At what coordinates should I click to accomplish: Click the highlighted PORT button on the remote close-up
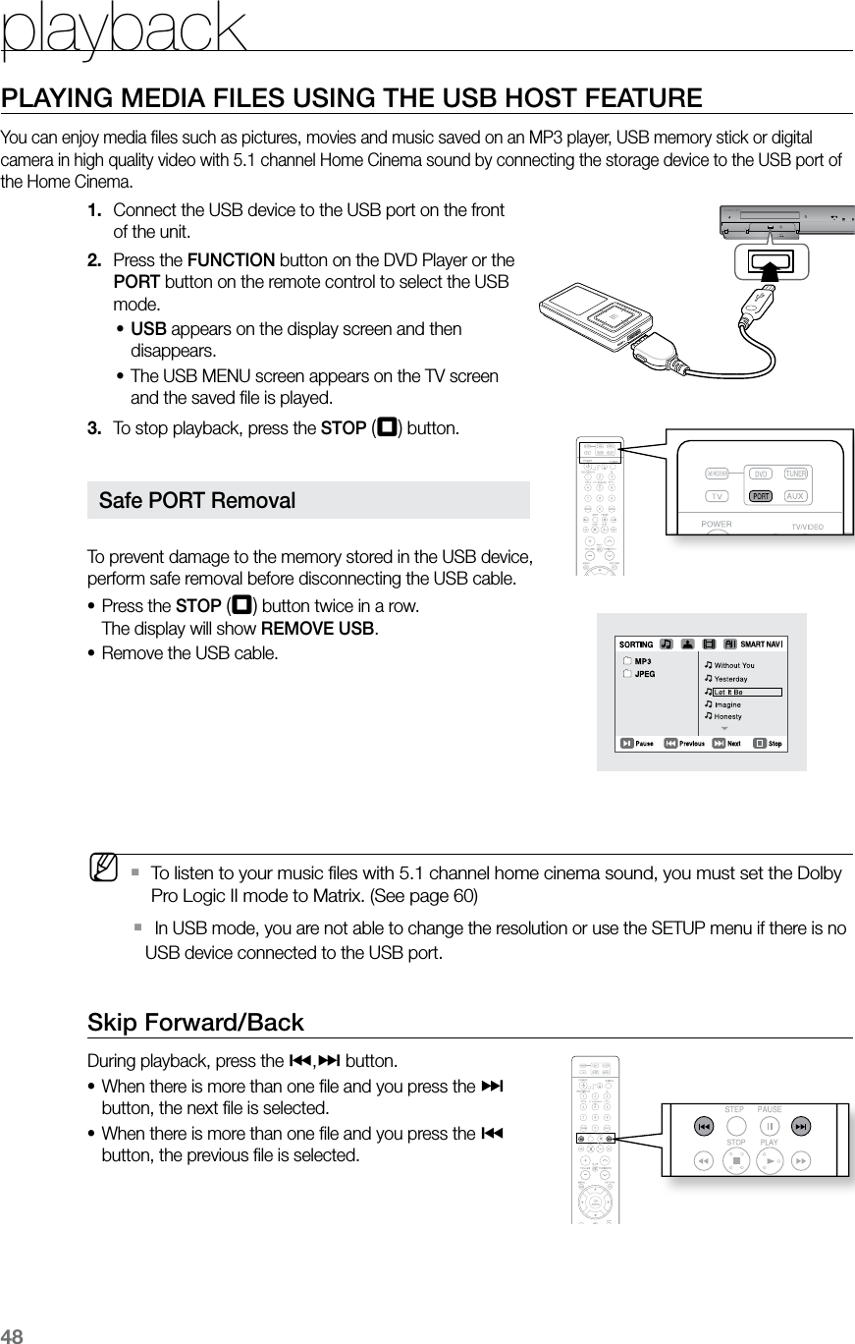(759, 496)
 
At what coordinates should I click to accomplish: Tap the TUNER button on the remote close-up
(795, 472)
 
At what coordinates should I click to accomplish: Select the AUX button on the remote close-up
(796, 496)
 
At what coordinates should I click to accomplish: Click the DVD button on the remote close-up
(759, 472)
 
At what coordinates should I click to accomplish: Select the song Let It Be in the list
(728, 692)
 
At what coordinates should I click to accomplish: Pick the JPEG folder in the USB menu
(644, 674)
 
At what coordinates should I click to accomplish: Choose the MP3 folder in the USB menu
(642, 661)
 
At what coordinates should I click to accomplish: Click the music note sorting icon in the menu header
(667, 644)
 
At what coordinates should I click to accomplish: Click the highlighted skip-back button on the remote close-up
(704, 1126)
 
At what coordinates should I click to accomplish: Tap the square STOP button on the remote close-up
(735, 1160)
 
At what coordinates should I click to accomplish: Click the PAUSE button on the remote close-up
(770, 1126)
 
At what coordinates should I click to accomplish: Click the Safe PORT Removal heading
(198, 500)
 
